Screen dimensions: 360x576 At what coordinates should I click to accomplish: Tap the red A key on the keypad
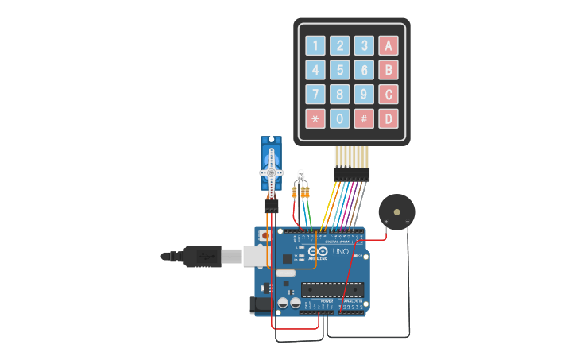click(388, 45)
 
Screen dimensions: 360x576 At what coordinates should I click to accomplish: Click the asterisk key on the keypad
click(315, 118)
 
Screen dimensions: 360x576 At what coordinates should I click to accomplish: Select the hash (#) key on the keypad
click(364, 118)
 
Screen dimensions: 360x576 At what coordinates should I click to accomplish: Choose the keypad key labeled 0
click(340, 118)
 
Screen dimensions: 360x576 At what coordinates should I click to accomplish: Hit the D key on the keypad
click(388, 118)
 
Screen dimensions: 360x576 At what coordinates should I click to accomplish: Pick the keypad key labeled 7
click(315, 95)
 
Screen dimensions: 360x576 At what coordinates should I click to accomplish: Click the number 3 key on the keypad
click(364, 45)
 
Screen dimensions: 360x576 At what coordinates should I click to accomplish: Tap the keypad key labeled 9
click(364, 95)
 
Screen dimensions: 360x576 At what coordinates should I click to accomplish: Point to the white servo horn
click(271, 172)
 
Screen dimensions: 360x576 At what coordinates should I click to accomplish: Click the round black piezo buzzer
click(396, 212)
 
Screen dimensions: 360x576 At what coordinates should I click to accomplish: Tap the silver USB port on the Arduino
click(256, 255)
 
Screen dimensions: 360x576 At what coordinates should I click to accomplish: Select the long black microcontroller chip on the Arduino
click(332, 289)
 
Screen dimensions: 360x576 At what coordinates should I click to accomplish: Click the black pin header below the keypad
click(352, 173)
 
